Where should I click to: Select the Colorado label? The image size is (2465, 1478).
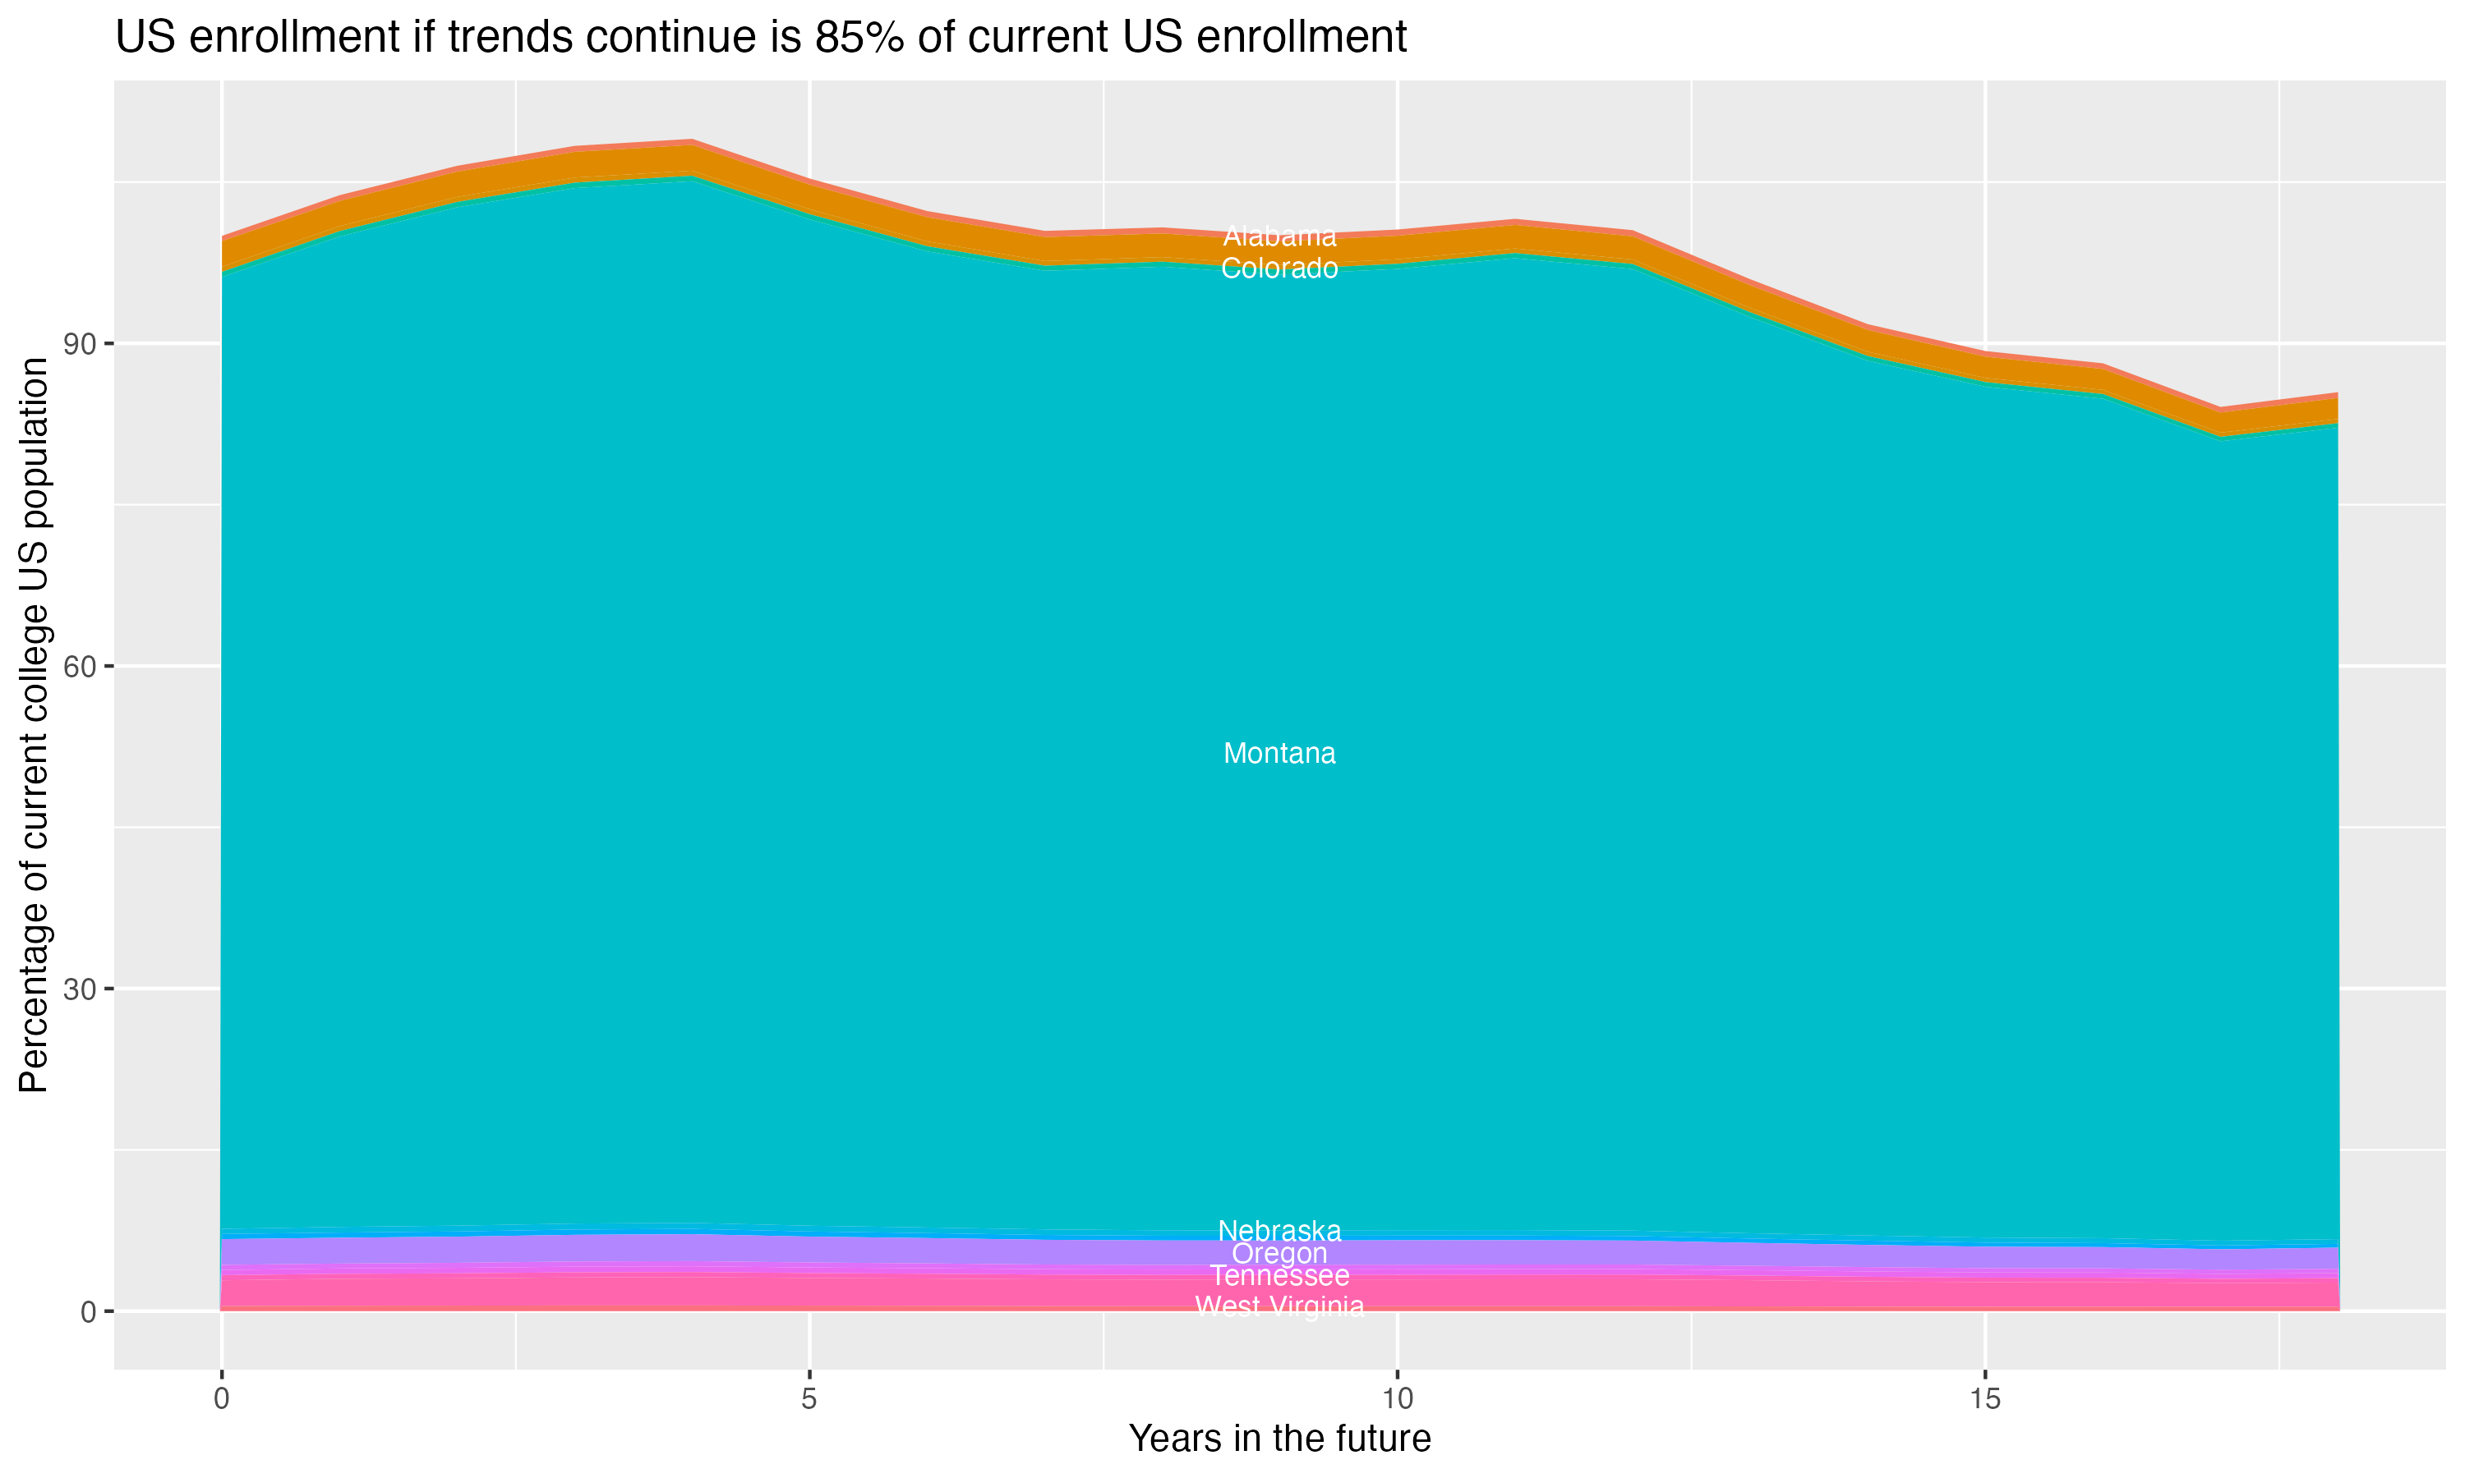[1279, 269]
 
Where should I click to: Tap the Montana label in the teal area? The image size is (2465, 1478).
[1279, 754]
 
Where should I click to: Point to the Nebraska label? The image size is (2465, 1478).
[1279, 1231]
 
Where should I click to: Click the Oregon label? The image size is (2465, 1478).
[1279, 1254]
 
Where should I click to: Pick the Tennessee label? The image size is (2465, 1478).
[1279, 1277]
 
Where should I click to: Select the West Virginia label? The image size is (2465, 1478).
[1279, 1306]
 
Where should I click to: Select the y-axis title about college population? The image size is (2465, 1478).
[34, 725]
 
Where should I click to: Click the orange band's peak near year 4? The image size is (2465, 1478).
[692, 159]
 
